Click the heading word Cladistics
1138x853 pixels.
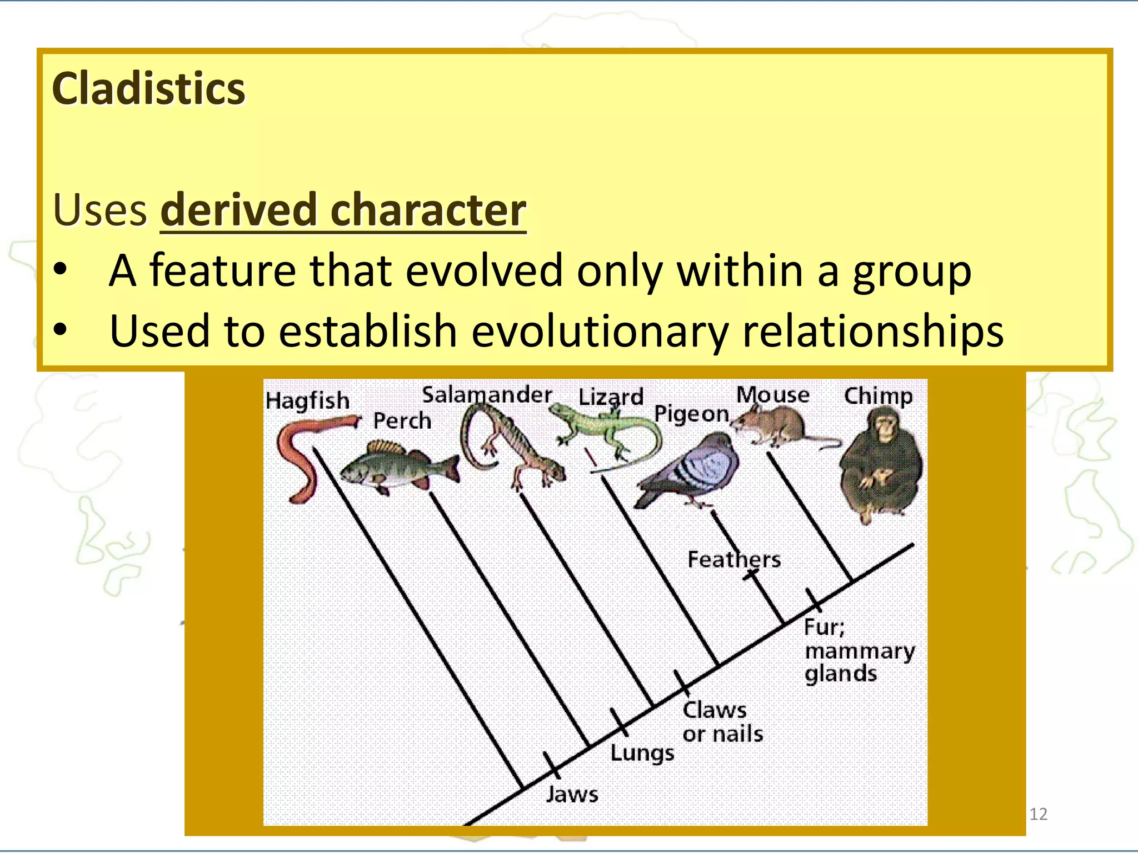tap(148, 89)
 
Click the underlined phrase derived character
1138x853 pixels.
tap(343, 210)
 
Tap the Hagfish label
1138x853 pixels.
tap(307, 400)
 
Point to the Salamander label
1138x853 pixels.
tap(487, 395)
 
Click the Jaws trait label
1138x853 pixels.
tap(572, 794)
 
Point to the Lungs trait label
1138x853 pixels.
tap(642, 753)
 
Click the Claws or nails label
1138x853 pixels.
tap(722, 722)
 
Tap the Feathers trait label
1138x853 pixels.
tap(734, 559)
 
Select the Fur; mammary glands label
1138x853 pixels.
tap(859, 650)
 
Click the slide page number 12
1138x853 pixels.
tap(1038, 814)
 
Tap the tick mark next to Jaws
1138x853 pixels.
tap(552, 765)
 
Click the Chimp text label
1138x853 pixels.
tap(878, 396)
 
